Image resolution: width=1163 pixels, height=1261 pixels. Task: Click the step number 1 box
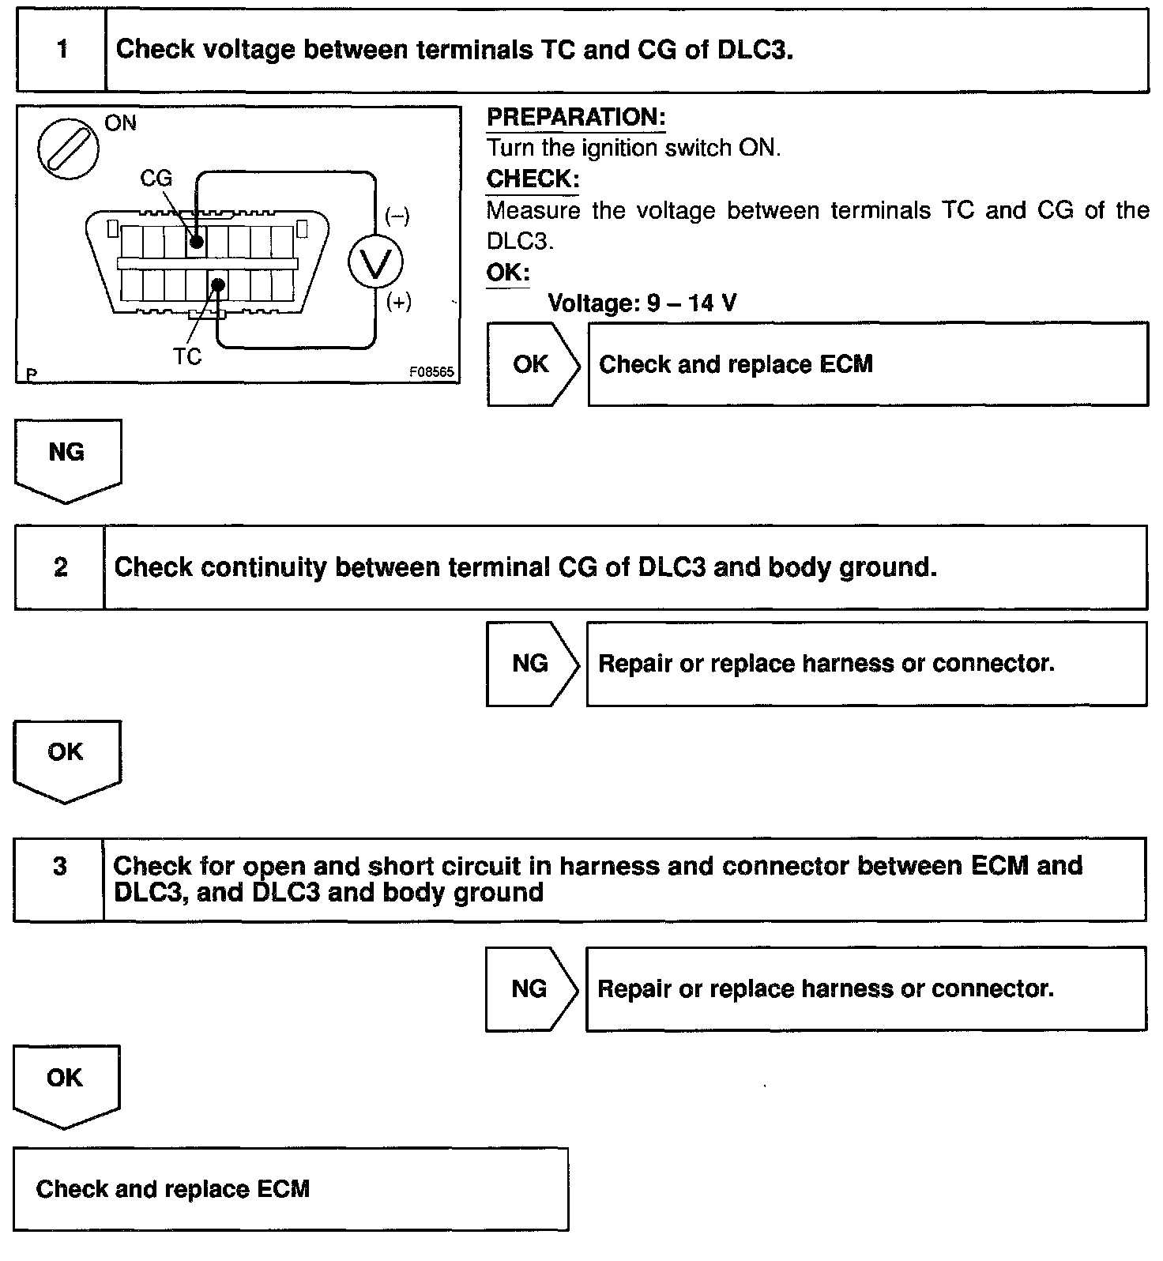coord(61,50)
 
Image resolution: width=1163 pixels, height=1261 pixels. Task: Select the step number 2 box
coord(60,567)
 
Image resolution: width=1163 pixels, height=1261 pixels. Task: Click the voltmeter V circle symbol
coord(375,261)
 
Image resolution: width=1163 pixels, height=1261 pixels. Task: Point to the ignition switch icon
coord(67,149)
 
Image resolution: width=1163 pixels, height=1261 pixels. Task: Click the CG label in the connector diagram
coord(156,179)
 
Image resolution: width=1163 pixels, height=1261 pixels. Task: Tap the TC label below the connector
coord(187,357)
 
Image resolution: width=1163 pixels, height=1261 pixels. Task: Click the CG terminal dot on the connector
coord(196,241)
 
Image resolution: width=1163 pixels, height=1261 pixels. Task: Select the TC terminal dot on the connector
coord(218,284)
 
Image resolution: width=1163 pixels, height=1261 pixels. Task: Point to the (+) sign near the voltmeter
coord(398,303)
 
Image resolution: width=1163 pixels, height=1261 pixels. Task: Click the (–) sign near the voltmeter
coord(397,216)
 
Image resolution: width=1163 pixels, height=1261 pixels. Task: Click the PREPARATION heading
coord(576,118)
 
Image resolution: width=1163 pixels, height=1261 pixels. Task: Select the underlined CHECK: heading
coord(533,179)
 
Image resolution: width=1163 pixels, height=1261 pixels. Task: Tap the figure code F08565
coord(431,371)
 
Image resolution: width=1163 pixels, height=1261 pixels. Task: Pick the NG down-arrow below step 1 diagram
coord(67,458)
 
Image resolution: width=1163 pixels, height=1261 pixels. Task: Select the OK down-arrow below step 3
coord(66,1084)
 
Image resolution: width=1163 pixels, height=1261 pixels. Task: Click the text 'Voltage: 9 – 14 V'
coord(642,303)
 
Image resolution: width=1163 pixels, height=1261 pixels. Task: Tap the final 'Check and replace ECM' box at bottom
coord(290,1189)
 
